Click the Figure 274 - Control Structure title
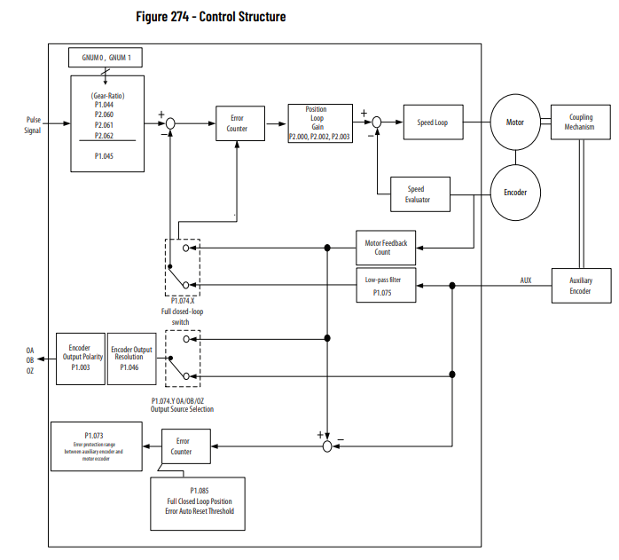point(211,17)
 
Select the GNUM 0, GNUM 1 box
point(106,58)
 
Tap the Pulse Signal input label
point(33,123)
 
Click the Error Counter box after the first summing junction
point(237,123)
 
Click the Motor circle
point(515,123)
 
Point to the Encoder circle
point(515,193)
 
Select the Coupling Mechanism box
point(580,122)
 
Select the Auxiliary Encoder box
point(580,286)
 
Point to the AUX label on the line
point(526,280)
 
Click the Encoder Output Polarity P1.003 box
point(80,359)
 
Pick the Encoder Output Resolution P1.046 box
point(131,359)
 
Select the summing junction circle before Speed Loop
point(377,123)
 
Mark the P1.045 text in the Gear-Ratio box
point(105,155)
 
